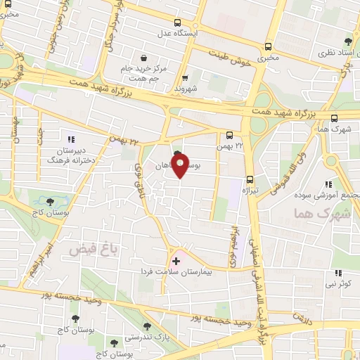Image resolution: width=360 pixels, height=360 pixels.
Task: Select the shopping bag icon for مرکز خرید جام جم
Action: tap(144, 58)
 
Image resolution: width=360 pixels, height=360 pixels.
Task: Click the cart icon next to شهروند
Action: tap(185, 78)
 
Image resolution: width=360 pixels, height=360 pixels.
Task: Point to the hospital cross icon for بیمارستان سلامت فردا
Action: tap(176, 261)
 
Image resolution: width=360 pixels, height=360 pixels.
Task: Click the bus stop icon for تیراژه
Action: tap(251, 179)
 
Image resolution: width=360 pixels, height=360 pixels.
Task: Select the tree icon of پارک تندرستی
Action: tap(147, 326)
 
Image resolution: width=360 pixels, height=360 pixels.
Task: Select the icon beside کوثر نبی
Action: tap(338, 273)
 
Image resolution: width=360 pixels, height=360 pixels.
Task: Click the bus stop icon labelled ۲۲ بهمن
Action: tap(230, 135)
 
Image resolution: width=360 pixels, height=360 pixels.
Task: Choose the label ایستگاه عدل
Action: tap(193, 33)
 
